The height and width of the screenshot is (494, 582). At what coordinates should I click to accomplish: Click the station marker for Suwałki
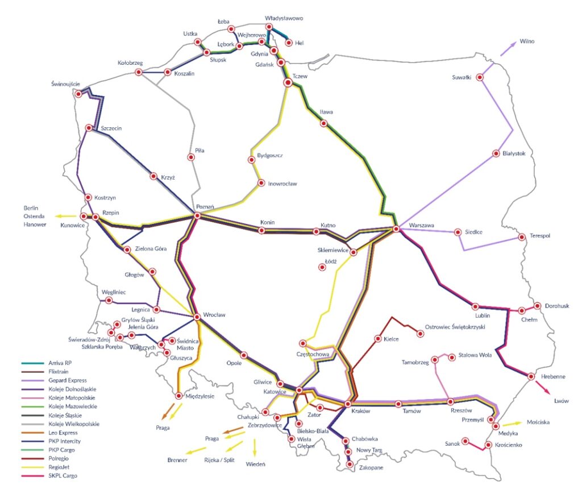pos(480,77)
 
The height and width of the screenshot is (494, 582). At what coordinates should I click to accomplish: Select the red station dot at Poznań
pos(197,216)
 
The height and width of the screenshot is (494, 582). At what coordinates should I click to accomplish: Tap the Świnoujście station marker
pos(78,94)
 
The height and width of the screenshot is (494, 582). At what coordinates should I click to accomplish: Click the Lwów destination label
pos(561,401)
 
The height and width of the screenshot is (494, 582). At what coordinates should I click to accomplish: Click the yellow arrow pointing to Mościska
pos(512,423)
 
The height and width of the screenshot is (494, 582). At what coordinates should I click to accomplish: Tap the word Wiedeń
pos(255,464)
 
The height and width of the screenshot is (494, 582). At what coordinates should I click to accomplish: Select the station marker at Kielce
pos(377,339)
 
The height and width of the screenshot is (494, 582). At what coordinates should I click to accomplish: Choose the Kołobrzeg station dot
pos(140,73)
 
